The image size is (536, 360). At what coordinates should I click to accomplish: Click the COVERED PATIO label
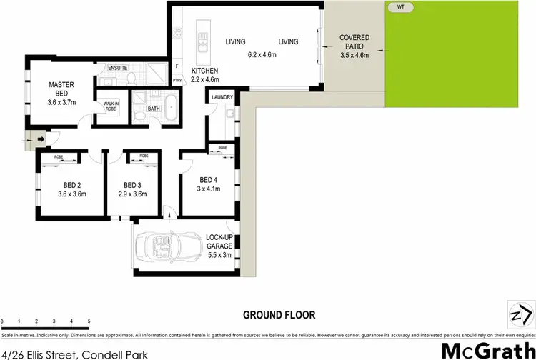pos(354,41)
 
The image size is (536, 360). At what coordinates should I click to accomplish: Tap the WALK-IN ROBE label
pos(111,106)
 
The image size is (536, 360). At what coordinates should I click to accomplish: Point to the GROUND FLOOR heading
pos(279,314)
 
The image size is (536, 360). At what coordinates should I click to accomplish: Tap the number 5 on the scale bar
pos(89,321)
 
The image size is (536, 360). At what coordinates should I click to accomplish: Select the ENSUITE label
pos(118,68)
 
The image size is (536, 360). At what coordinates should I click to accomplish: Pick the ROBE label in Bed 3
pos(144,156)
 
